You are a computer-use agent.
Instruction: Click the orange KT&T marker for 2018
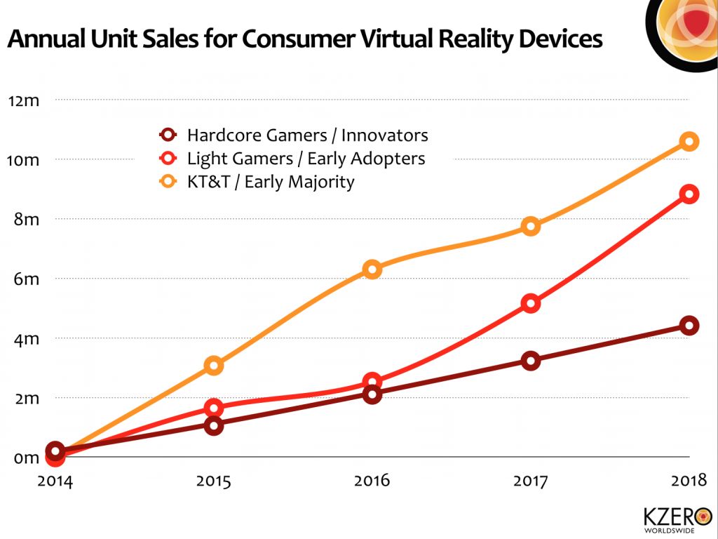689,142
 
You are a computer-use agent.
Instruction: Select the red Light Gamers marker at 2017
531,304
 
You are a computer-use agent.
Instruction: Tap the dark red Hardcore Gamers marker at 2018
689,326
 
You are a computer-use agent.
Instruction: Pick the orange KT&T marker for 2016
372,269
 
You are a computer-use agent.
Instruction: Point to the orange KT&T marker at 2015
215,365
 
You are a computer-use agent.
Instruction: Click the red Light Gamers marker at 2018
689,194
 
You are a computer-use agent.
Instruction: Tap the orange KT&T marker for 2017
531,226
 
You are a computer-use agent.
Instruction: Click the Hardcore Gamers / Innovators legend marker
168,135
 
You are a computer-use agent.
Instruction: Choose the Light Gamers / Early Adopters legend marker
168,159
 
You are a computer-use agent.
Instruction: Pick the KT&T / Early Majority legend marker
168,182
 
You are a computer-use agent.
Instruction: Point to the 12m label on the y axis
24,100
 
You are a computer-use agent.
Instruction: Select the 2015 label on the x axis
215,481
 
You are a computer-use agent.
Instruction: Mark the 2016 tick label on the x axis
372,481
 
